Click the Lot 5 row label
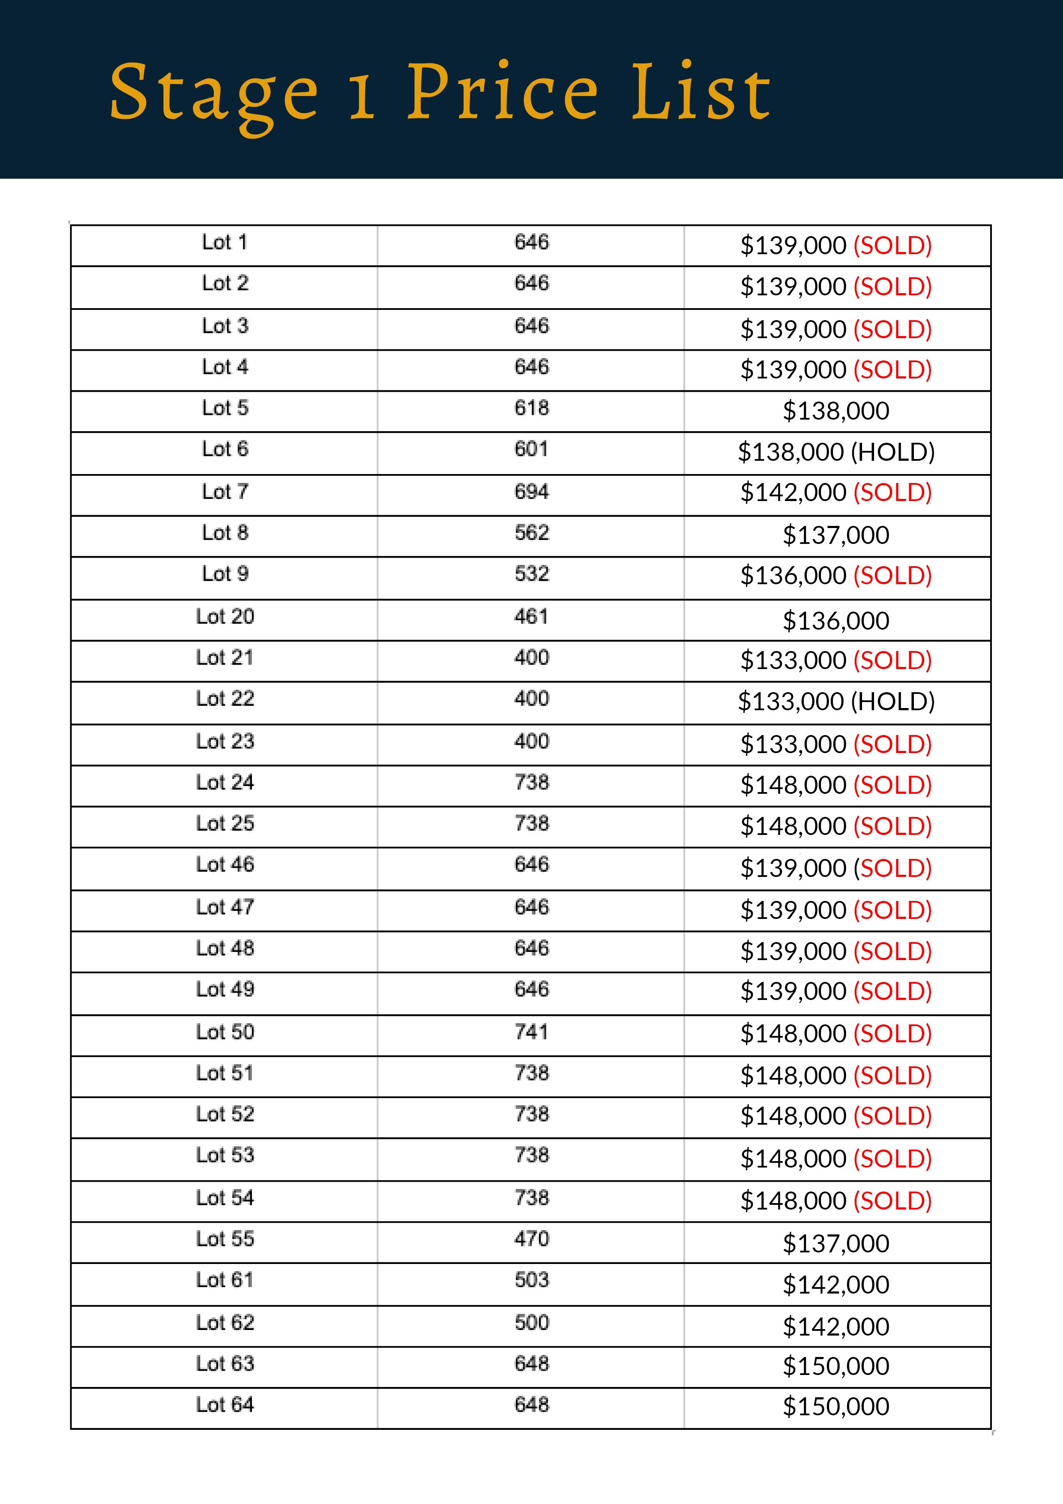(x=225, y=408)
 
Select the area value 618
(x=531, y=408)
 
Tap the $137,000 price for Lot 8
(x=836, y=535)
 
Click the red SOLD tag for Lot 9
(x=892, y=576)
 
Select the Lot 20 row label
(x=225, y=616)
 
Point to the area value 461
(x=531, y=616)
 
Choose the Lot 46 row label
(x=225, y=865)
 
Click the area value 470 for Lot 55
(x=531, y=1239)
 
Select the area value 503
(x=531, y=1279)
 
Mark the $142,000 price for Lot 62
(x=836, y=1327)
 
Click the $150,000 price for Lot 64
(x=836, y=1406)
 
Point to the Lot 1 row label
(x=225, y=242)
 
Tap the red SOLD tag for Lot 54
(x=892, y=1201)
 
